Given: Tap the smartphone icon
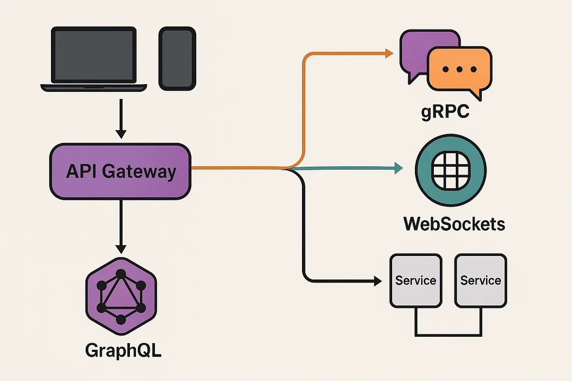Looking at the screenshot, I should (177, 59).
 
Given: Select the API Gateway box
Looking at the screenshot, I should (120, 171).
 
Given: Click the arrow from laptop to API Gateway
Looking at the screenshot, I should (121, 118).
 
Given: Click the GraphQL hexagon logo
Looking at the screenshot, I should (121, 296).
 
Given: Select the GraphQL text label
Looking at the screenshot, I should (123, 350).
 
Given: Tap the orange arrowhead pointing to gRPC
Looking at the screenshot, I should (389, 53).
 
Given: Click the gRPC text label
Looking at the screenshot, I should (445, 112).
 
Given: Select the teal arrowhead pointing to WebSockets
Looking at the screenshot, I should (398, 168).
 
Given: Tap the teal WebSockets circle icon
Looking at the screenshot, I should (451, 170).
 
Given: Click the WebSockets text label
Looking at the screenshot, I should (454, 224).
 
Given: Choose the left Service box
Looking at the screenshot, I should (416, 281).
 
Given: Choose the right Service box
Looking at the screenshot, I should (481, 281).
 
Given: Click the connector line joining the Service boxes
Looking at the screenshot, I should (448, 335).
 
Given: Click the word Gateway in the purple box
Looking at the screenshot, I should (139, 172).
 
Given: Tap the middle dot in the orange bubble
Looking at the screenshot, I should (459, 69).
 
